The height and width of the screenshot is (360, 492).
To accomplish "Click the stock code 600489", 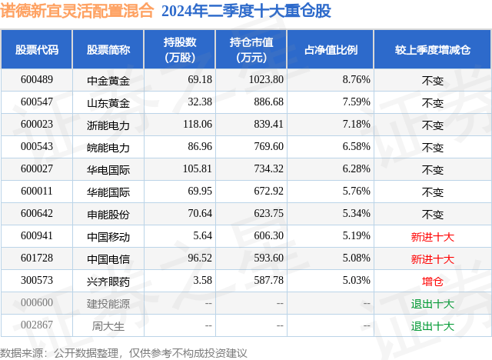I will point(37,79).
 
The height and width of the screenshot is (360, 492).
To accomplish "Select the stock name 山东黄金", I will point(108,102).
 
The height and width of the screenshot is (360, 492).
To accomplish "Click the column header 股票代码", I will point(37,50).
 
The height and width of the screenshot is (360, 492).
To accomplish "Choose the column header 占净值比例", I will point(336,50).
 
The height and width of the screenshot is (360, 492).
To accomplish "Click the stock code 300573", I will point(37,281).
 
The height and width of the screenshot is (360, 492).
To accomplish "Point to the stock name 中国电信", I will point(108,259).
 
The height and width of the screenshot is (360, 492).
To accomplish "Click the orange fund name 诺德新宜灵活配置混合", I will point(77,11).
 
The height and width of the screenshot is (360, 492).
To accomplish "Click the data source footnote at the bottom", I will point(124,352).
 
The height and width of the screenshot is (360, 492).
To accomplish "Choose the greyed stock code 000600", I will point(37,303).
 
